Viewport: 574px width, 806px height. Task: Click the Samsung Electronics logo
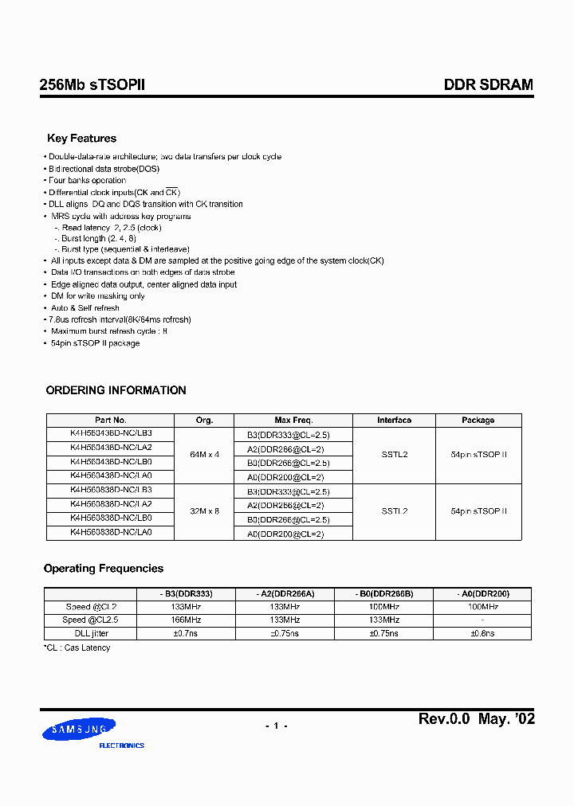coord(83,731)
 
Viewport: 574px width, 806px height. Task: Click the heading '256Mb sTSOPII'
coord(92,85)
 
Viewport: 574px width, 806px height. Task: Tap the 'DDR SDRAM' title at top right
coord(488,85)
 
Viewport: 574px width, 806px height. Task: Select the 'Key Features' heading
coord(81,139)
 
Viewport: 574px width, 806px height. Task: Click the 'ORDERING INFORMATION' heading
coord(116,390)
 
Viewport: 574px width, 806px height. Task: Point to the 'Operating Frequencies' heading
coord(103,569)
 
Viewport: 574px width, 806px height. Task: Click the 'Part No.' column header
coord(110,420)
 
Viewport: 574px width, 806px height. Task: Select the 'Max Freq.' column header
coord(293,420)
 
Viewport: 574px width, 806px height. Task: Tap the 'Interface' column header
coord(394,420)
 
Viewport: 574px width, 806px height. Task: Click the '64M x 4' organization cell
coord(204,454)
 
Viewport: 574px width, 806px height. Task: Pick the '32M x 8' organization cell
coord(204,511)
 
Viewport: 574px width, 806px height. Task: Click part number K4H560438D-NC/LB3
coord(110,432)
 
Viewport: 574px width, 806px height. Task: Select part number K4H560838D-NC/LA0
coord(110,532)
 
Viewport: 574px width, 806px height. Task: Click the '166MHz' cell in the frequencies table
coord(187,620)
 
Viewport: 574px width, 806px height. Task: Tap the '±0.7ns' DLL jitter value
coord(187,632)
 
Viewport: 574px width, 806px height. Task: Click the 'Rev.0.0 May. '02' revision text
coord(477,719)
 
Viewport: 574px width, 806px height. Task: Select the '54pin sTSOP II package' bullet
coord(95,343)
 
